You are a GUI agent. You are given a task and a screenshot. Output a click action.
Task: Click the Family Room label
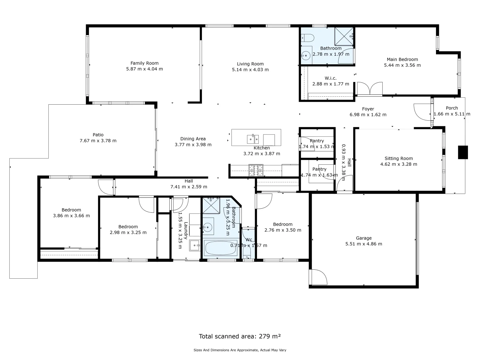click(x=144, y=63)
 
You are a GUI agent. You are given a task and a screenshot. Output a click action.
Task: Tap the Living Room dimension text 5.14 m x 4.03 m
click(x=250, y=70)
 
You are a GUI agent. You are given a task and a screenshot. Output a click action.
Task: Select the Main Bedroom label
click(x=402, y=59)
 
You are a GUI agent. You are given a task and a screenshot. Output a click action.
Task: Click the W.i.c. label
click(x=330, y=78)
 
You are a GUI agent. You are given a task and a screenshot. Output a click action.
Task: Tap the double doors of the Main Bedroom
click(x=370, y=89)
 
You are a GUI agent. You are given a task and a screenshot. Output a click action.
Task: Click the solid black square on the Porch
click(x=463, y=152)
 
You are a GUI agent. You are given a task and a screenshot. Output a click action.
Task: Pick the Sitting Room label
click(x=398, y=158)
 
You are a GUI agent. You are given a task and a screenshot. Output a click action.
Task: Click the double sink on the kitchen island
click(x=253, y=138)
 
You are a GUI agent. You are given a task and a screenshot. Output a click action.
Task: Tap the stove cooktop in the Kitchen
click(x=256, y=170)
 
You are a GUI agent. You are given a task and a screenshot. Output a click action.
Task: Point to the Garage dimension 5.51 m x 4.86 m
click(x=364, y=244)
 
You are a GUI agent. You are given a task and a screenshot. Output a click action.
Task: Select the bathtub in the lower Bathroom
click(x=220, y=248)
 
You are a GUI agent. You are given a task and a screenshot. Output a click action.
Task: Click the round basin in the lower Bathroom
click(x=208, y=227)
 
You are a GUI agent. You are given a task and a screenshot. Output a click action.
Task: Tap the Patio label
click(x=98, y=135)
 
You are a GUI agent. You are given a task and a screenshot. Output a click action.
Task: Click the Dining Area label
click(x=193, y=139)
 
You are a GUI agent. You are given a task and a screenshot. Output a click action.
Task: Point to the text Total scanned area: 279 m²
click(x=240, y=336)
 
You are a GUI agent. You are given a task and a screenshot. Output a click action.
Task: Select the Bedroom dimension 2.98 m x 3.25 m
click(x=128, y=232)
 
